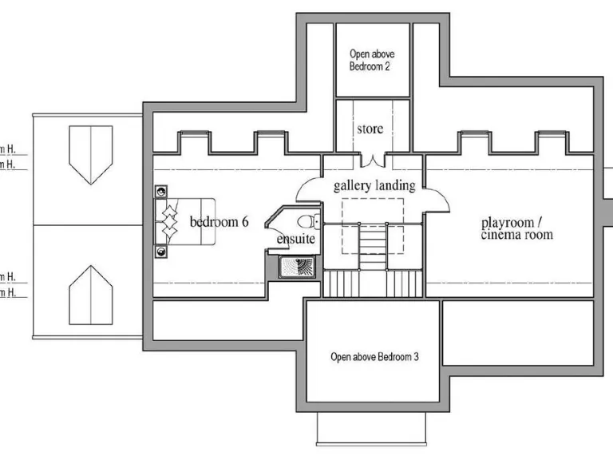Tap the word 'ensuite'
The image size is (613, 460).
[x=296, y=239]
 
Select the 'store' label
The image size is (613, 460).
[x=370, y=129]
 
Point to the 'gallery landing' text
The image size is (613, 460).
[x=374, y=185]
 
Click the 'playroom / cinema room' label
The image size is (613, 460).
[x=516, y=228]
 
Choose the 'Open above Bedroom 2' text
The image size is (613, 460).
[x=372, y=61]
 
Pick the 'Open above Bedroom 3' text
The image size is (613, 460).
[x=374, y=356]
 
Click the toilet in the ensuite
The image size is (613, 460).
[x=307, y=222]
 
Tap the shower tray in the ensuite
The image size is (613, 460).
[x=297, y=267]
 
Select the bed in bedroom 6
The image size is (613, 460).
[x=184, y=221]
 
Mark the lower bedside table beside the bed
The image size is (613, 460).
[x=162, y=251]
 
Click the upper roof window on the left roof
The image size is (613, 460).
[x=89, y=154]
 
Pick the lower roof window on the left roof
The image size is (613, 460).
[x=89, y=295]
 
